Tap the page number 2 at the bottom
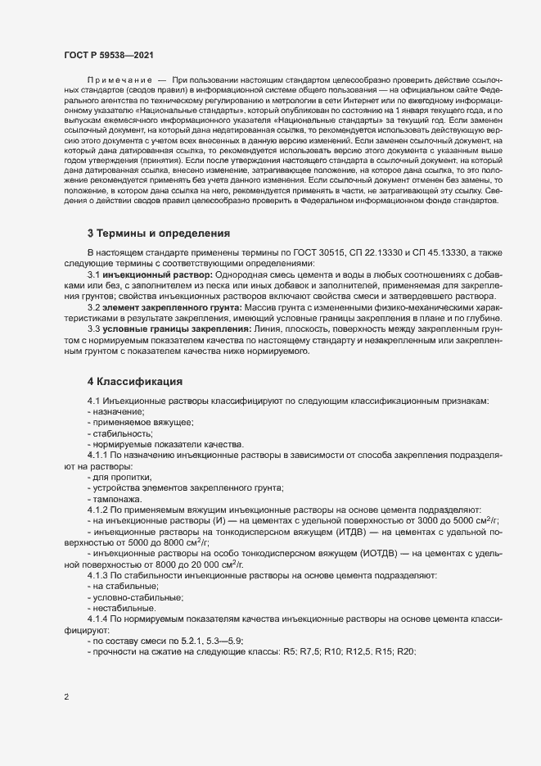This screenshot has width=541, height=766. coord(66,697)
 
